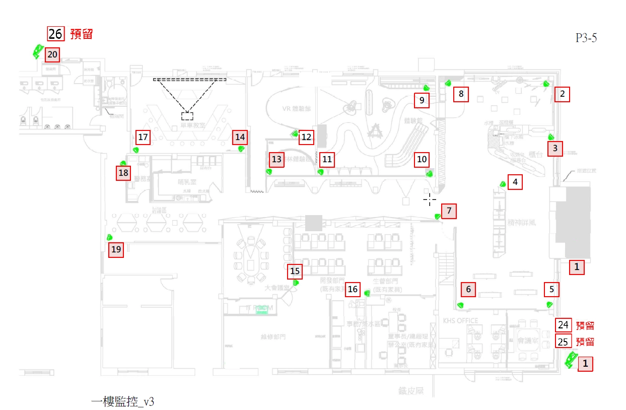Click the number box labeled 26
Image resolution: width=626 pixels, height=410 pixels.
click(56, 34)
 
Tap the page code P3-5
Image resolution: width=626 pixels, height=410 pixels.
click(586, 38)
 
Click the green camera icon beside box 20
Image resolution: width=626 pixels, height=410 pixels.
click(37, 51)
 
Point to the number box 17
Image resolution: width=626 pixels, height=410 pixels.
click(144, 137)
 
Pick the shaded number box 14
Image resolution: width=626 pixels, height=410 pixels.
click(240, 136)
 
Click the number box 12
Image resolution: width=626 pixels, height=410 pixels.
click(307, 137)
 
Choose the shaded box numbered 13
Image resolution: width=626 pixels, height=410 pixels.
click(276, 160)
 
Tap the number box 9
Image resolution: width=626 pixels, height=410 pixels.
click(422, 101)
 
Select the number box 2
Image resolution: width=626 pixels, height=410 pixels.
click(563, 94)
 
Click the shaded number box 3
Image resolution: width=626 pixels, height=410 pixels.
click(555, 149)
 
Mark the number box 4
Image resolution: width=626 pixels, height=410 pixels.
click(515, 182)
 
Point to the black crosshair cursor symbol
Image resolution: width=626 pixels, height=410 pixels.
click(430, 200)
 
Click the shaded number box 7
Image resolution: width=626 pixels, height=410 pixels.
click(449, 211)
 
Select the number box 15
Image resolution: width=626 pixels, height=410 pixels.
click(296, 272)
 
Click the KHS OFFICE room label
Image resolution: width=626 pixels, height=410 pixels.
click(460, 320)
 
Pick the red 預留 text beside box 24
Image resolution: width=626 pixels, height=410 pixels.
click(585, 326)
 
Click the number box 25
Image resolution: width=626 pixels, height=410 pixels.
click(563, 341)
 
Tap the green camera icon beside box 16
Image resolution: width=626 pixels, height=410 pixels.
click(367, 293)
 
